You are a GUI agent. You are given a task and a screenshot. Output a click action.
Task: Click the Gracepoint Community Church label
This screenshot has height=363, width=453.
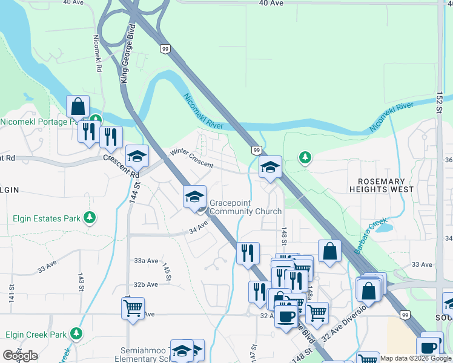point(245,207)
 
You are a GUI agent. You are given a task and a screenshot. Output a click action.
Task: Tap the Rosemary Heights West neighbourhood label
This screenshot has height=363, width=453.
point(386,185)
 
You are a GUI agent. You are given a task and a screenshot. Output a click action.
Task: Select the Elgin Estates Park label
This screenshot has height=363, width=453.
point(47,217)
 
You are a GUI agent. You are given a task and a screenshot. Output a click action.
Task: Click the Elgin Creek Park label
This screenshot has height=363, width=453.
point(36,334)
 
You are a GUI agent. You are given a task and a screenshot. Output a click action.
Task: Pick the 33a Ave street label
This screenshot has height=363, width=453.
point(146,260)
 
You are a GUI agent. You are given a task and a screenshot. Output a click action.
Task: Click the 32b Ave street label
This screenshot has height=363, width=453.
point(146,284)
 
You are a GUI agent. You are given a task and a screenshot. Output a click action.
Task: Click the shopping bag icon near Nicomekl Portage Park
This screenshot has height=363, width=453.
point(78,106)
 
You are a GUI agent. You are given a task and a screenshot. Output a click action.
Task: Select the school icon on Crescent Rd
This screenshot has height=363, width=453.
point(137,157)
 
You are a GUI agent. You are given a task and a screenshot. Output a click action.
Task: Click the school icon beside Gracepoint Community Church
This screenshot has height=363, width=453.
point(195,197)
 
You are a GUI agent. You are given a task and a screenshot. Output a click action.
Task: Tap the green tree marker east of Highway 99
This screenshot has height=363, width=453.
point(305,158)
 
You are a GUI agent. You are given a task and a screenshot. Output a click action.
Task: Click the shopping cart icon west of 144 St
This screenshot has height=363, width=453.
point(133,307)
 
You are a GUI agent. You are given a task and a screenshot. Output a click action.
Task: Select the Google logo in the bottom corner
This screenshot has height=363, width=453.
point(20,356)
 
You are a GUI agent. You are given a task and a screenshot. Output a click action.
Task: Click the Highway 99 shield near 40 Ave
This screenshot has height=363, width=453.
point(164,48)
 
